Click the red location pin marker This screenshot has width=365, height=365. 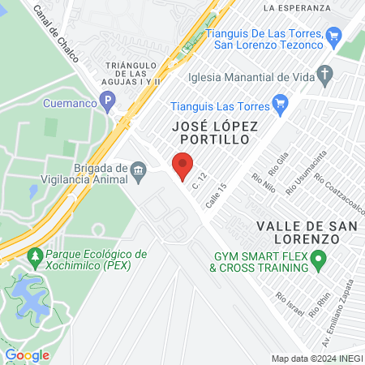pos(182,166)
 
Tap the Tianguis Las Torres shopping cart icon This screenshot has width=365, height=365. pos(281,102)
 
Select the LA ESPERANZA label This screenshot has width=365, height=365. pos(298,7)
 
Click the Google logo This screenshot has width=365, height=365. pos(28,354)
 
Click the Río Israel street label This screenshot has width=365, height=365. pos(290,306)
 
